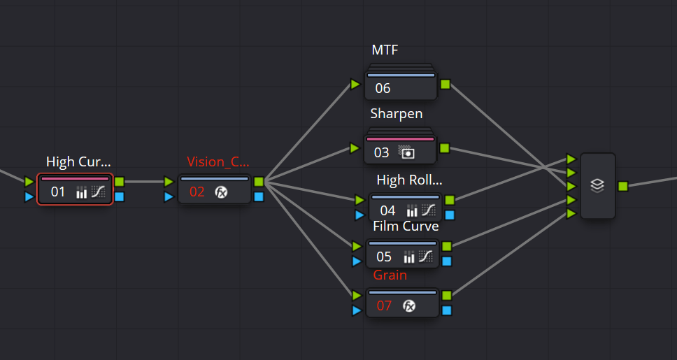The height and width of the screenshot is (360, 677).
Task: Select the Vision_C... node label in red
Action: click(x=218, y=161)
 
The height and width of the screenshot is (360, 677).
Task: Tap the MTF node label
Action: click(x=385, y=50)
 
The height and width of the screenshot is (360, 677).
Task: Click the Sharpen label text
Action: click(x=396, y=113)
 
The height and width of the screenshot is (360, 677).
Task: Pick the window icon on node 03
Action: click(x=406, y=152)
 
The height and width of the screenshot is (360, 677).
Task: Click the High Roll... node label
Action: click(x=409, y=180)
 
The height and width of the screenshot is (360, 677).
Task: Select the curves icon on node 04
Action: click(x=428, y=210)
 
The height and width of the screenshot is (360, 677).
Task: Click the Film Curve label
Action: click(x=406, y=226)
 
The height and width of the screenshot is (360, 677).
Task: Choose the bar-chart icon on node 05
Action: click(x=410, y=257)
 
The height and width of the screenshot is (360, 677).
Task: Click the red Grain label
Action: click(x=390, y=275)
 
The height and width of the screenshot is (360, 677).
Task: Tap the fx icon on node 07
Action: click(x=410, y=305)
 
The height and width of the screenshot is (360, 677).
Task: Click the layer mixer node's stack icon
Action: click(x=597, y=186)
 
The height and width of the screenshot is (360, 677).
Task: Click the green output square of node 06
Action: click(x=446, y=85)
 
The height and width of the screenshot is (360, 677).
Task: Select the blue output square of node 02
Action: click(x=259, y=196)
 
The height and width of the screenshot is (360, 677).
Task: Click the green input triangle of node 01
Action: click(x=29, y=182)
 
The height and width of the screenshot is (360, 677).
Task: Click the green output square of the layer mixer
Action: click(x=622, y=186)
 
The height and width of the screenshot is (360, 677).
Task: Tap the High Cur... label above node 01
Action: click(x=78, y=161)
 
